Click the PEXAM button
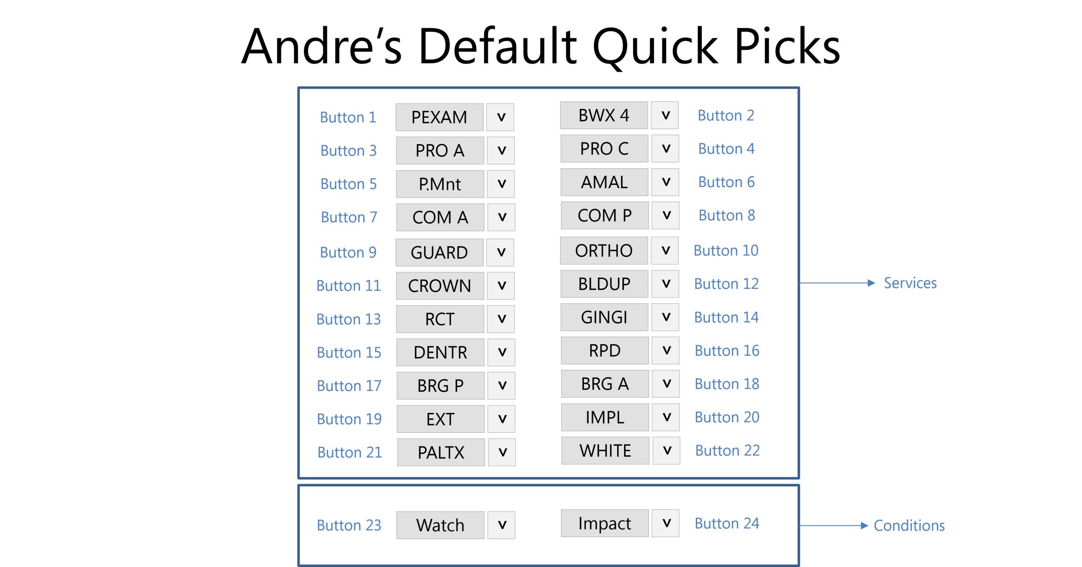coord(439,117)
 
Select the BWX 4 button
coord(604,116)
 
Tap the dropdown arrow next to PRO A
coord(501,151)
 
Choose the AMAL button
coord(604,182)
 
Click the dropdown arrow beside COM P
coord(666,216)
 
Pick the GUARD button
coord(439,252)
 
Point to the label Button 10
coord(726,251)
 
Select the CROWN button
coord(440,286)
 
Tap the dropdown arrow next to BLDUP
coord(666,284)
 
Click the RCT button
coord(440,319)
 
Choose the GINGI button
coord(604,317)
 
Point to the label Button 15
coord(349,353)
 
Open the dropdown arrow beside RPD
coord(666,351)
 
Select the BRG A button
coord(605,384)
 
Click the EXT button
coord(440,419)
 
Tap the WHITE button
coord(605,451)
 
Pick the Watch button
coord(440,525)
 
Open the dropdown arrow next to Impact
coord(666,523)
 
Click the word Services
coord(910,283)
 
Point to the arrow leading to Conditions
coord(833,525)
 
